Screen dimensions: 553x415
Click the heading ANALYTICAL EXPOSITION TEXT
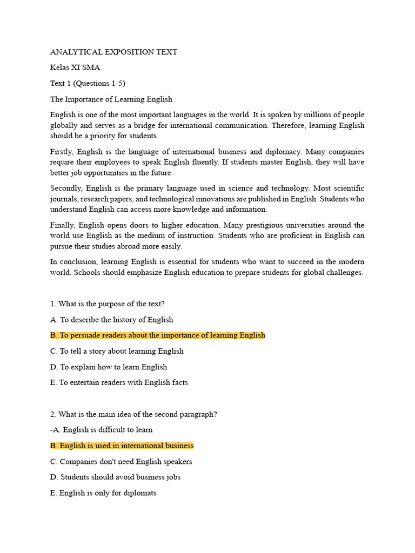pos(113,52)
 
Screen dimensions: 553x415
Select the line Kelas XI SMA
pos(75,68)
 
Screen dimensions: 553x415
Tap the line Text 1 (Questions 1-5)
pos(88,83)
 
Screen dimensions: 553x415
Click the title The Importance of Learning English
pos(111,99)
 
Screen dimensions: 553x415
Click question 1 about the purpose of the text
pos(108,304)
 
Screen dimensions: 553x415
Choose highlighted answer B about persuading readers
pos(158,335)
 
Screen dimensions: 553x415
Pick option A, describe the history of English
pos(111,319)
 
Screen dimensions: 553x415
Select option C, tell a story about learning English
pos(117,350)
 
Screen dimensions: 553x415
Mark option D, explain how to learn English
pos(109,367)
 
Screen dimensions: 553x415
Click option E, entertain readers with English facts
pos(119,382)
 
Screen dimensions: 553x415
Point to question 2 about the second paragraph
pos(133,414)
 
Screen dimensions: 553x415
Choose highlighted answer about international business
pos(122,446)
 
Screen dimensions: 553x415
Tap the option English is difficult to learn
pos(102,430)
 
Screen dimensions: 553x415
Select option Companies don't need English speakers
pos(121,462)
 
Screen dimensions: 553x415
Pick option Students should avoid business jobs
pos(115,477)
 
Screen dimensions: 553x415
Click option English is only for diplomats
pos(103,493)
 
